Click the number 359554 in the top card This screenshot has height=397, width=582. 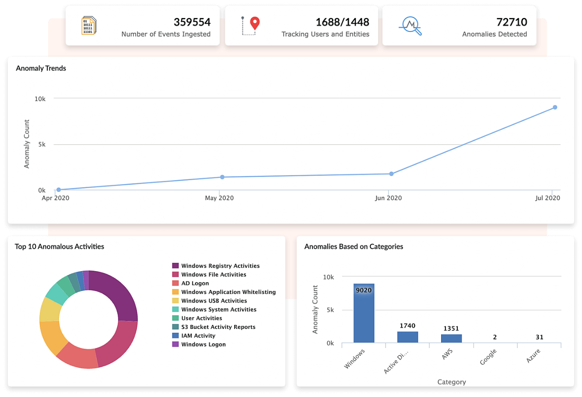[192, 22]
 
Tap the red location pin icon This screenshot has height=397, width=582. [255, 23]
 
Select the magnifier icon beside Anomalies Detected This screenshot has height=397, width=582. [410, 25]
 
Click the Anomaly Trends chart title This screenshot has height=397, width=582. [41, 68]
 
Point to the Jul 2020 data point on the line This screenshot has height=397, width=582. [555, 107]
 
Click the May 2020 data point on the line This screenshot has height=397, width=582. [222, 177]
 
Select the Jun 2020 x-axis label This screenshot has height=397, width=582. [388, 198]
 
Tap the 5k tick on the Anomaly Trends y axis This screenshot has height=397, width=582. [42, 144]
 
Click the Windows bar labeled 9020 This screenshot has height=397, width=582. [364, 315]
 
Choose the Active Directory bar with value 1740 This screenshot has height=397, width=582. [407, 337]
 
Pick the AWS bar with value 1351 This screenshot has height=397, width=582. [451, 338]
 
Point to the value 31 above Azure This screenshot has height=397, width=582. [539, 337]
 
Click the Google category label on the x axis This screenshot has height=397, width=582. [488, 357]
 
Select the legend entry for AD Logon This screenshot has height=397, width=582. [195, 283]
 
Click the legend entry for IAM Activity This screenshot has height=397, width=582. [198, 336]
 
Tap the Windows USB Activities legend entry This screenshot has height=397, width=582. [214, 301]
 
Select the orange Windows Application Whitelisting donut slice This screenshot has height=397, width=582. [53, 337]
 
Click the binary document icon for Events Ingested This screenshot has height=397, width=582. [89, 25]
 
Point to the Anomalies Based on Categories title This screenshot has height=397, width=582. [354, 247]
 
